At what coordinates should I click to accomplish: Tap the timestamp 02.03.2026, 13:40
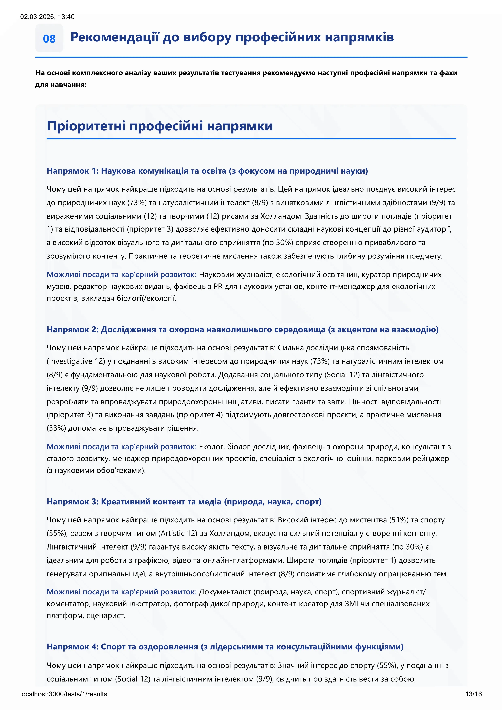(47, 17)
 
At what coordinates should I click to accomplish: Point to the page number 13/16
(473, 694)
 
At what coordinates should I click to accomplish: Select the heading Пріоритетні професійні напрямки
(160, 126)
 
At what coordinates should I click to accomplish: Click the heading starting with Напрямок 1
(207, 171)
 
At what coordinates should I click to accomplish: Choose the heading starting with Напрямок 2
(242, 330)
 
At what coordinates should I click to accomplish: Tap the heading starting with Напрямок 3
(184, 502)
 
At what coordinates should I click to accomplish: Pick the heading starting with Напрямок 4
(225, 647)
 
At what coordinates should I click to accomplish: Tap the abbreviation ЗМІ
(351, 603)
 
